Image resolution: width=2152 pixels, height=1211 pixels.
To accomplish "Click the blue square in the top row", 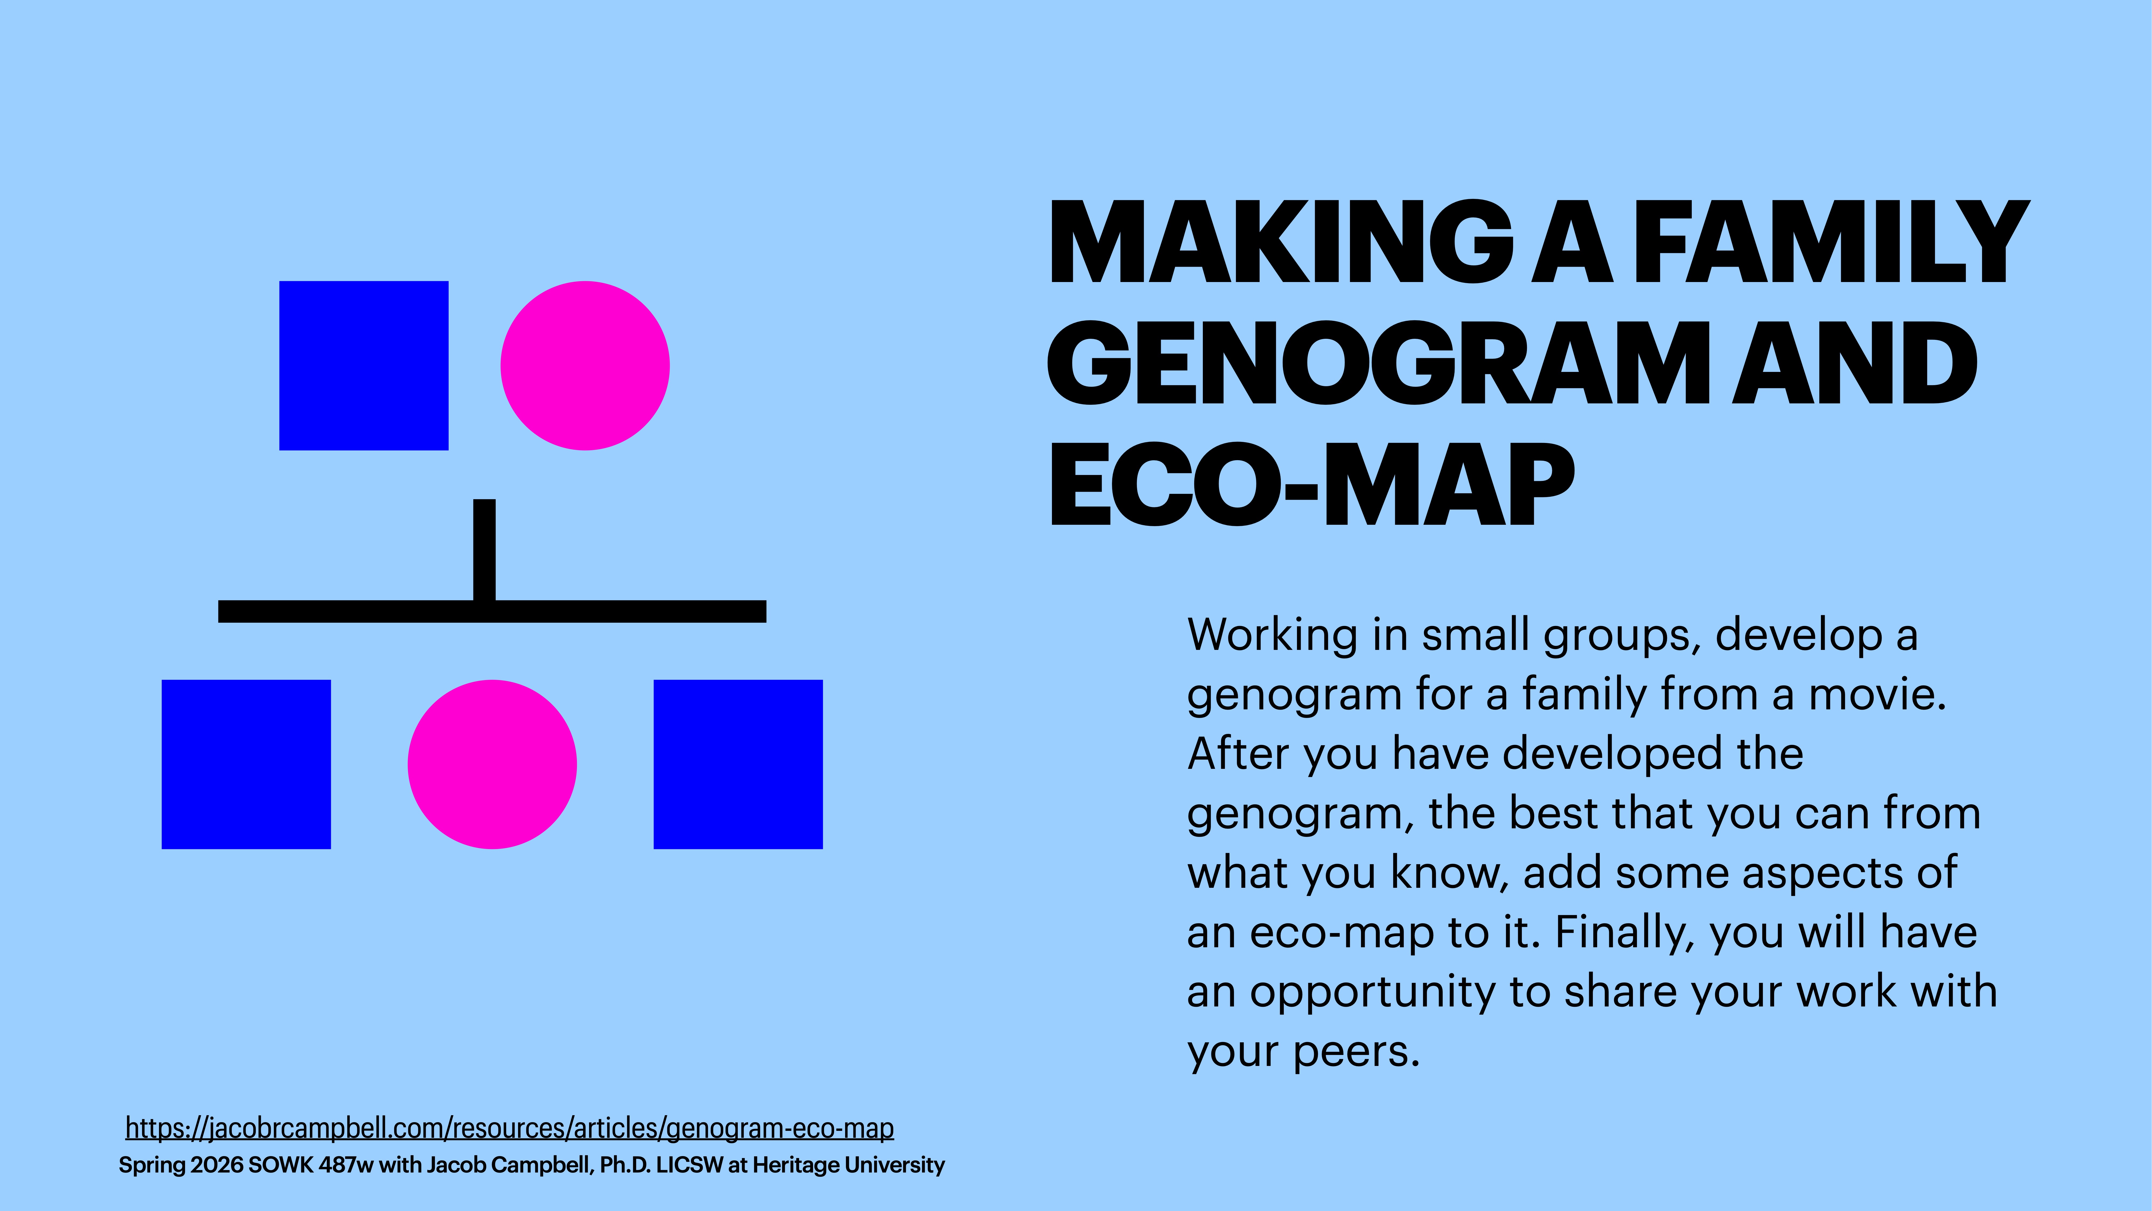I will point(363,365).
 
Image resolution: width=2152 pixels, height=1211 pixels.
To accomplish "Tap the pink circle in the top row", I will point(585,365).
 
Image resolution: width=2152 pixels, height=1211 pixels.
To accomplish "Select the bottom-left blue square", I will point(246,764).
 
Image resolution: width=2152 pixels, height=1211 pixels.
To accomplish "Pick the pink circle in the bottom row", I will point(492,764).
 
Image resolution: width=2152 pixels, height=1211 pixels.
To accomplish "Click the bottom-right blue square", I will point(738,764).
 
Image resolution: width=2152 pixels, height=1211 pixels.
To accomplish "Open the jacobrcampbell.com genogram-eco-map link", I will point(510,1128).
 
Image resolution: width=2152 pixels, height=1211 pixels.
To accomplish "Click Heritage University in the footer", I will point(848,1165).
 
